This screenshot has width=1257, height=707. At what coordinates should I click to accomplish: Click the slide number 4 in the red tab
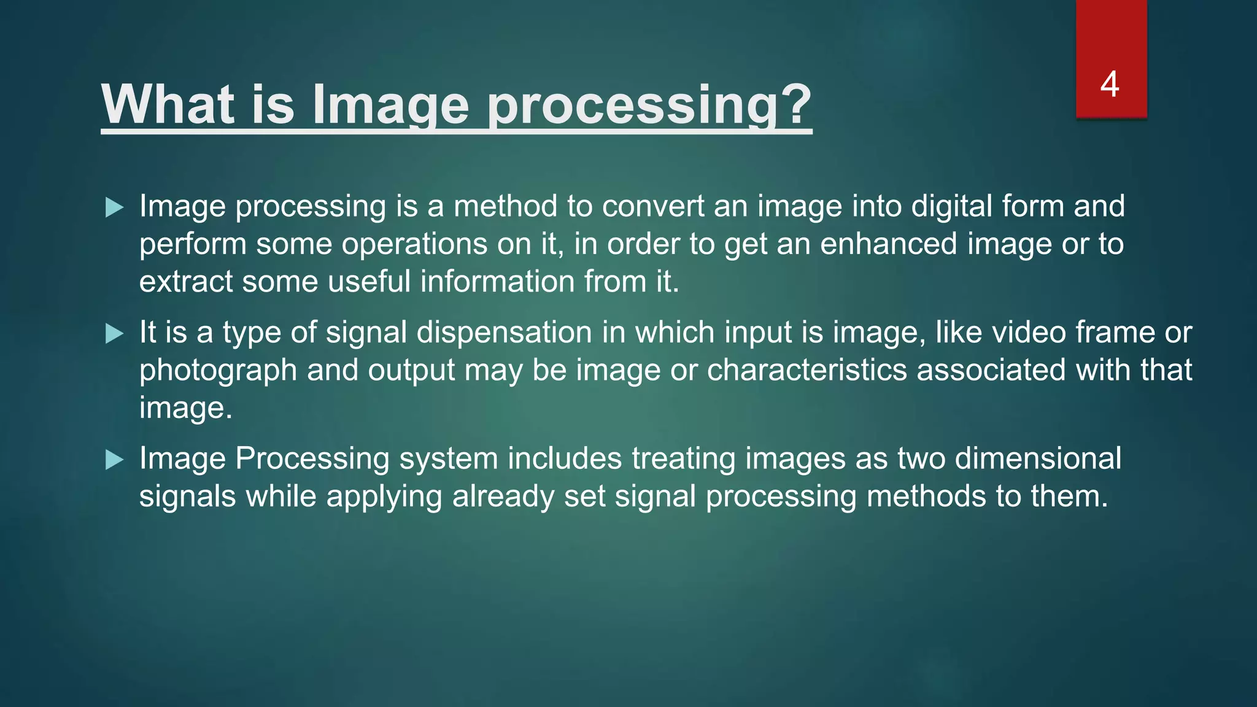[1110, 84]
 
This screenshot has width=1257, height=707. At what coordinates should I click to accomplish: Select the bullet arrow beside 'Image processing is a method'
[114, 207]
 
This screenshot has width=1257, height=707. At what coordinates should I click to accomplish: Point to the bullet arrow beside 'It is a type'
[114, 334]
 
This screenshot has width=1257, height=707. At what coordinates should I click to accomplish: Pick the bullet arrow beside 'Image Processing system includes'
[114, 460]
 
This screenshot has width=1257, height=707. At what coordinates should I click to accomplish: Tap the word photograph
[218, 371]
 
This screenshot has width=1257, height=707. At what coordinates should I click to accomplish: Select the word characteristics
[806, 370]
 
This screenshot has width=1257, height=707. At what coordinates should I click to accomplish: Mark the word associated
[991, 370]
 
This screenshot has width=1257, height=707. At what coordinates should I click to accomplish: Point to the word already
[503, 497]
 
